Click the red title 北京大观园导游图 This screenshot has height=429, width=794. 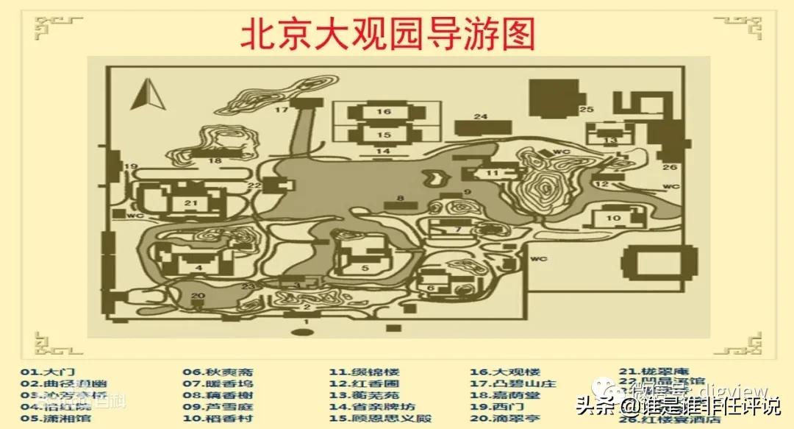click(388, 34)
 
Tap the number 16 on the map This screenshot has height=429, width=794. click(385, 111)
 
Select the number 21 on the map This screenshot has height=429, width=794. click(191, 202)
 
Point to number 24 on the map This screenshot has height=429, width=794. click(481, 117)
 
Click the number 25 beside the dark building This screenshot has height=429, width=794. click(586, 110)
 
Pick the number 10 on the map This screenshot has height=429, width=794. click(614, 218)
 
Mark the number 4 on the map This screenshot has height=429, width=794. click(198, 266)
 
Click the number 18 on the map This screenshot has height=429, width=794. click(215, 160)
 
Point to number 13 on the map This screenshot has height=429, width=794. click(610, 140)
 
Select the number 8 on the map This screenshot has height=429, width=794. click(401, 197)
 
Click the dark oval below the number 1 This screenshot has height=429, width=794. click(301, 333)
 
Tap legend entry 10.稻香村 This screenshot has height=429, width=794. click(218, 419)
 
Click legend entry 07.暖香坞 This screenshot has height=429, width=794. click(218, 383)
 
